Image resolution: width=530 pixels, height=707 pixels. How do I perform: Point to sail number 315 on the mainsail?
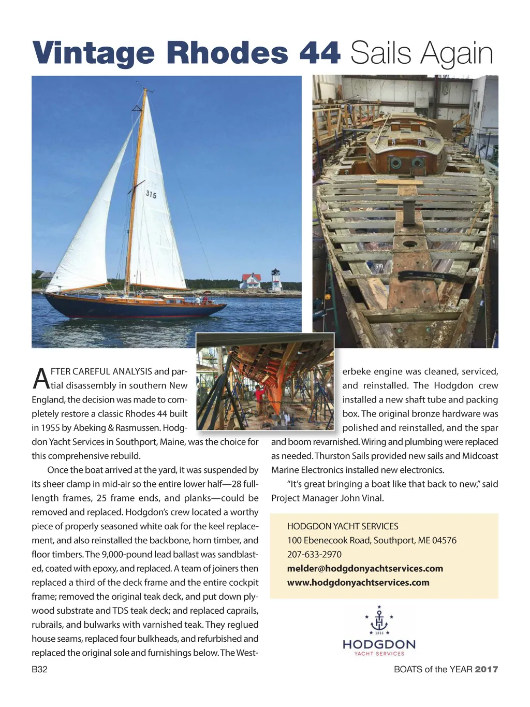pyautogui.click(x=151, y=195)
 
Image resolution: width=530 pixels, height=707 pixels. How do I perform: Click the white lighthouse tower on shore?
pyautogui.click(x=276, y=280)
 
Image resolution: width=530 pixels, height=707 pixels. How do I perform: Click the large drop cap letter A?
pyautogui.click(x=40, y=378)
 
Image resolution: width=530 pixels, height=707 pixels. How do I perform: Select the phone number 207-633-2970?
pyautogui.click(x=314, y=554)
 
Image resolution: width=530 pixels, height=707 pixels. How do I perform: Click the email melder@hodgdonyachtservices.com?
pyautogui.click(x=365, y=568)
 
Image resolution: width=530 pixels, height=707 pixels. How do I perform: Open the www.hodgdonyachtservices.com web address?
pyautogui.click(x=358, y=582)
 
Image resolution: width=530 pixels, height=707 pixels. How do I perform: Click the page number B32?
pyautogui.click(x=39, y=669)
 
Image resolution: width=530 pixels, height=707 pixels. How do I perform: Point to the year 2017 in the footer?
pyautogui.click(x=487, y=669)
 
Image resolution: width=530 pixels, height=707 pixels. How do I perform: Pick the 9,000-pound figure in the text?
pyautogui.click(x=131, y=554)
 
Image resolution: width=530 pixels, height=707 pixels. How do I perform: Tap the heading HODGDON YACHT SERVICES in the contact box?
pyautogui.click(x=343, y=526)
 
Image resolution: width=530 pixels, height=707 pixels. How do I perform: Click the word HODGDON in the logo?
pyautogui.click(x=379, y=644)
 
